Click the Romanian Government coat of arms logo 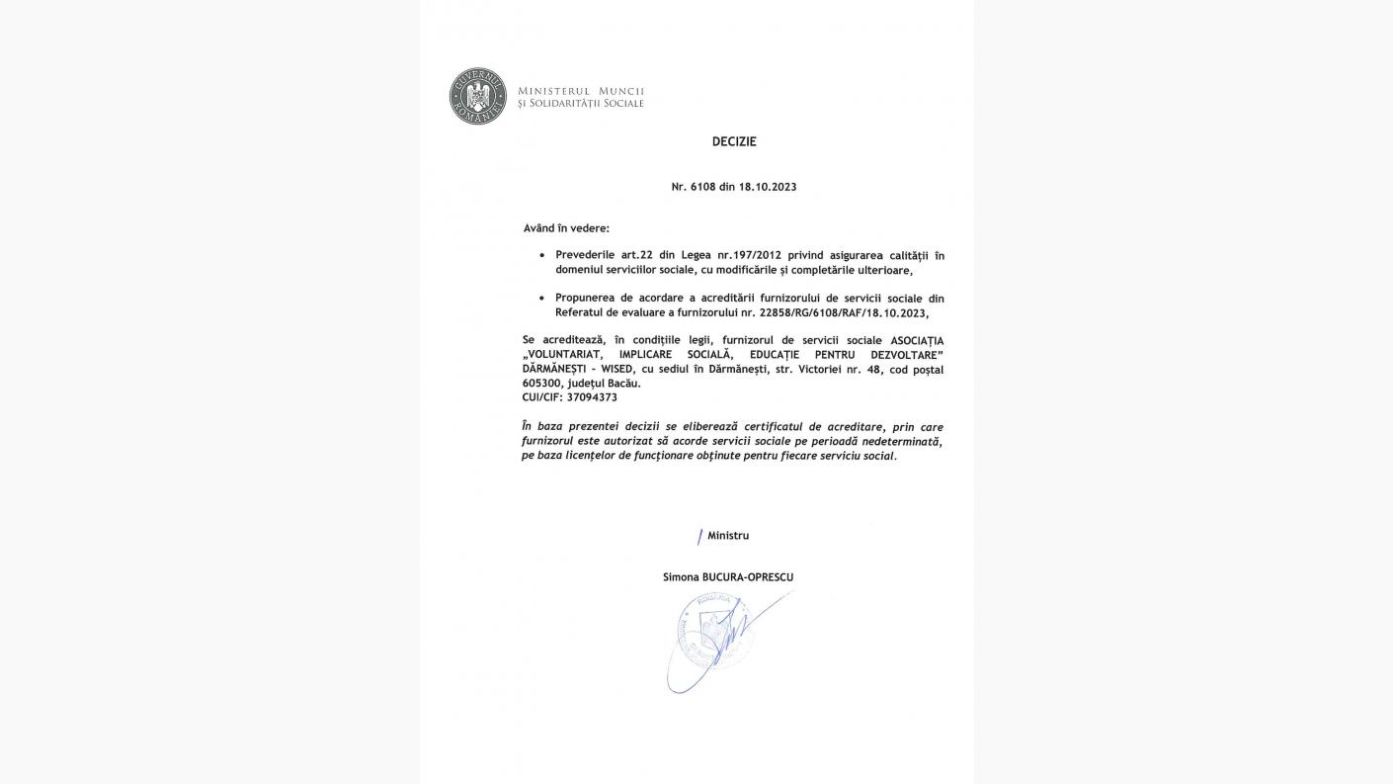[477, 96]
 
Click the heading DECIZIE [734, 141]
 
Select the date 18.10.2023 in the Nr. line [768, 187]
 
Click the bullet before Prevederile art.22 [541, 255]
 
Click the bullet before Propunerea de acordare [541, 298]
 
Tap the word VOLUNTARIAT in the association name [565, 355]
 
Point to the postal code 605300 [541, 383]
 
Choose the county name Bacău [621, 383]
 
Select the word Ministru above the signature [728, 536]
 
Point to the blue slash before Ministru [699, 537]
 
